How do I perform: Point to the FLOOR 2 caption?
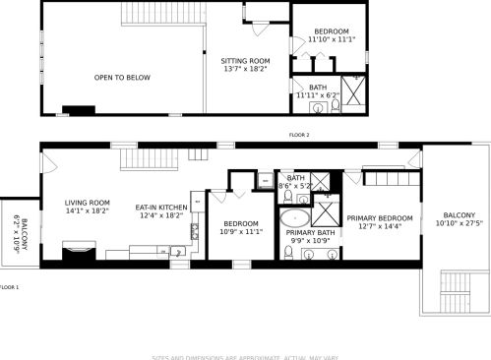tap(299, 134)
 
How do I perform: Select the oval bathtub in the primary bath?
tap(293, 218)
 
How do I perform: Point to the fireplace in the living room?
tap(75, 253)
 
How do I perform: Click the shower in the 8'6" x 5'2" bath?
tap(329, 182)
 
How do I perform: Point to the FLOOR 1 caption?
tap(10, 287)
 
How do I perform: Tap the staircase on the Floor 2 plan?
tap(159, 14)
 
